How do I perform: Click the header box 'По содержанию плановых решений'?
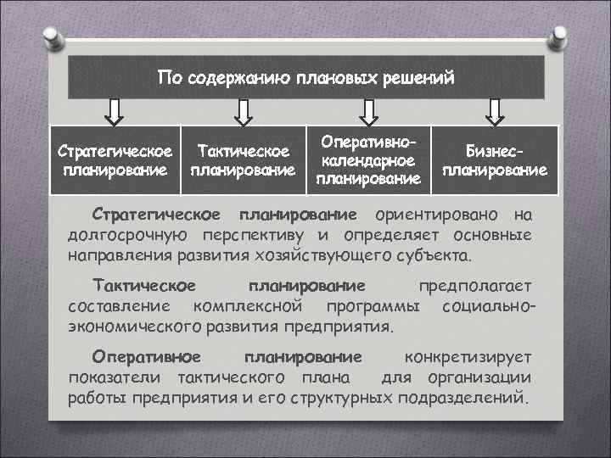(x=305, y=78)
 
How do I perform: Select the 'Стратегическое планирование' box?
(x=115, y=159)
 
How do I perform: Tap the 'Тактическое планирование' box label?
(x=244, y=159)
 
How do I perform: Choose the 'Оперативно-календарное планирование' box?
(x=367, y=159)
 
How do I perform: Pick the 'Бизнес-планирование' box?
(x=495, y=159)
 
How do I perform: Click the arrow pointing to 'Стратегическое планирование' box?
(x=115, y=111)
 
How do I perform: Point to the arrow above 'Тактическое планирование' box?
(x=244, y=111)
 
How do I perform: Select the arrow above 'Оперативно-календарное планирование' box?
(x=367, y=111)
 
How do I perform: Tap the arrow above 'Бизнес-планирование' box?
(x=495, y=111)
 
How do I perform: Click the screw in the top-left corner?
(x=51, y=35)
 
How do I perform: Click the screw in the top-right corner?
(x=560, y=35)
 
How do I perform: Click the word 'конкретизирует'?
(x=468, y=356)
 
